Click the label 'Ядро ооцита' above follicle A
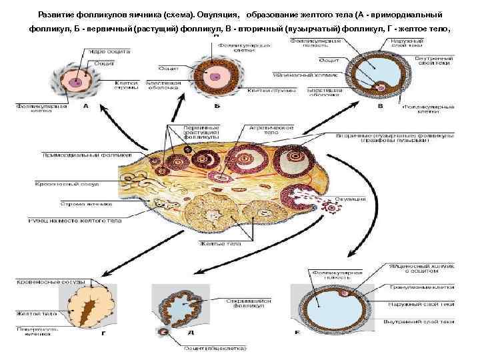pyautogui.click(x=104, y=51)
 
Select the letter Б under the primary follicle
pyautogui.click(x=217, y=105)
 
